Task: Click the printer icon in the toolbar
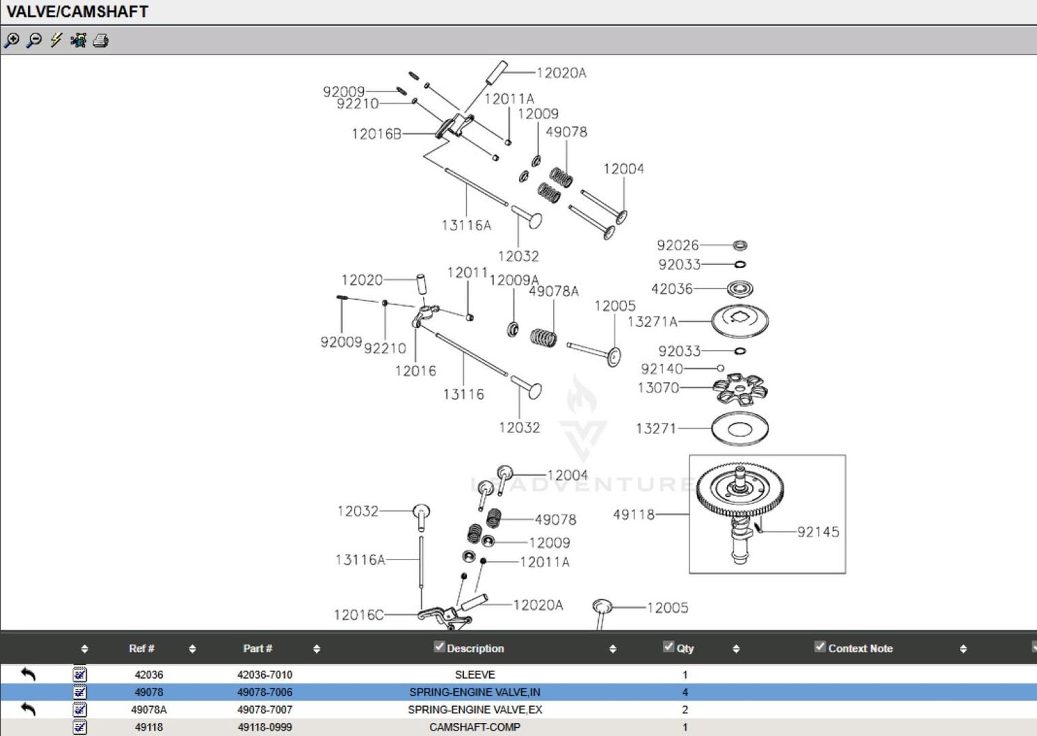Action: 101,41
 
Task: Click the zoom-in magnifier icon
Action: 12,41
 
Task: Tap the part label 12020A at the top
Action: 561,73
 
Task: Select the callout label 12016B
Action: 376,134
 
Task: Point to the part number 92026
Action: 677,245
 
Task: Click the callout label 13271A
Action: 652,322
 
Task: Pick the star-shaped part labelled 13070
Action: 740,389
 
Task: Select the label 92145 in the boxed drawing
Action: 818,532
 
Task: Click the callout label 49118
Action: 634,515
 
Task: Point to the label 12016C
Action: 358,615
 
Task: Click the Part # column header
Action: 258,649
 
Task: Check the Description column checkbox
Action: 439,647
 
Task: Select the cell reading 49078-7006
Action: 264,692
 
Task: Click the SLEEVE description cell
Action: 475,675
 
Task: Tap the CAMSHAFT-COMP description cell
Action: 475,727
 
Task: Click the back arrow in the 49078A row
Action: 28,709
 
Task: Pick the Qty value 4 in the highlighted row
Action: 685,692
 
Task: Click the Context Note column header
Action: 860,649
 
